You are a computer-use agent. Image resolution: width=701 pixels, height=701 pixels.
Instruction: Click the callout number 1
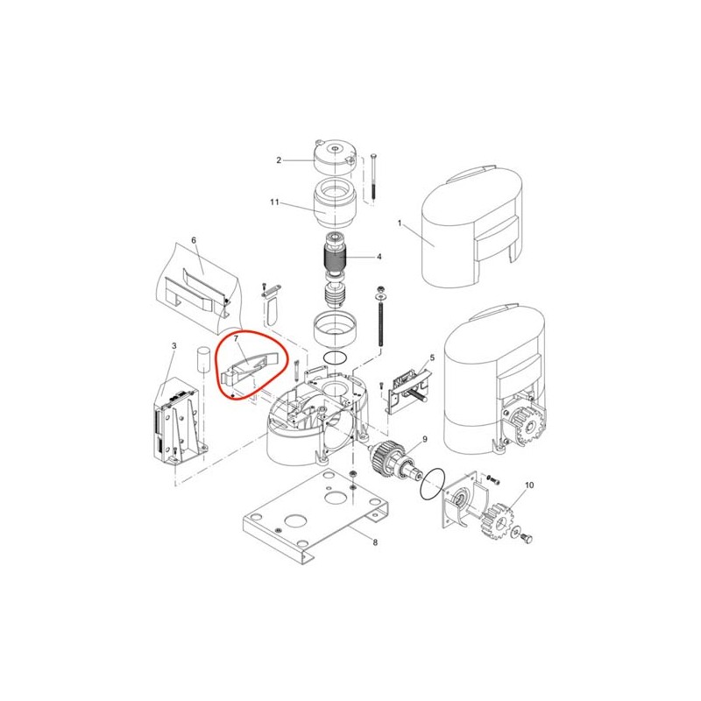click(400, 223)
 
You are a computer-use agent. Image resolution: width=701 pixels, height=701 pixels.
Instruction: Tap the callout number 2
click(279, 160)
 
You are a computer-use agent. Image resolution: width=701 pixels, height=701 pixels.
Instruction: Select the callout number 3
click(173, 345)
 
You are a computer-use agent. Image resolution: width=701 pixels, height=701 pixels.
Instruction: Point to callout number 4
click(379, 257)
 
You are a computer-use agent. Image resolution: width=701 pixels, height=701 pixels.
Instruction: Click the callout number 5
click(432, 358)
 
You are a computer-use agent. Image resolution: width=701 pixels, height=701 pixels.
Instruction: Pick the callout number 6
click(194, 240)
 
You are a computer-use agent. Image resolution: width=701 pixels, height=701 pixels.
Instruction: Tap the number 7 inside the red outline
click(236, 339)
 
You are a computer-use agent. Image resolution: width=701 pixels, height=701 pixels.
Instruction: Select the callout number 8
click(375, 542)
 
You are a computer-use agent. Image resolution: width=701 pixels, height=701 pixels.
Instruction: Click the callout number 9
click(425, 439)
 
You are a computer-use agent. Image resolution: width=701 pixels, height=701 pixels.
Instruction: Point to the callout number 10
click(529, 485)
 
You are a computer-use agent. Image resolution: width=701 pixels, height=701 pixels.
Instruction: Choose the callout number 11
click(274, 202)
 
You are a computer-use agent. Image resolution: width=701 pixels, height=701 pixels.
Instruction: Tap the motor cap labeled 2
click(336, 157)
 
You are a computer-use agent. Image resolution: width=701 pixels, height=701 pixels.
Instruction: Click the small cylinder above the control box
click(203, 358)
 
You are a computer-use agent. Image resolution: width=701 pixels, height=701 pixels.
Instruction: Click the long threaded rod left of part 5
click(381, 315)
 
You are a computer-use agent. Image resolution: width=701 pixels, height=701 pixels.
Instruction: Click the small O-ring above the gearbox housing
click(335, 358)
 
